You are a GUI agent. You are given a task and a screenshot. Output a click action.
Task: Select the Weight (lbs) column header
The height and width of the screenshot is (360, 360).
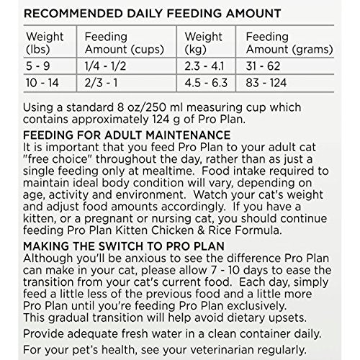click(x=44, y=42)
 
